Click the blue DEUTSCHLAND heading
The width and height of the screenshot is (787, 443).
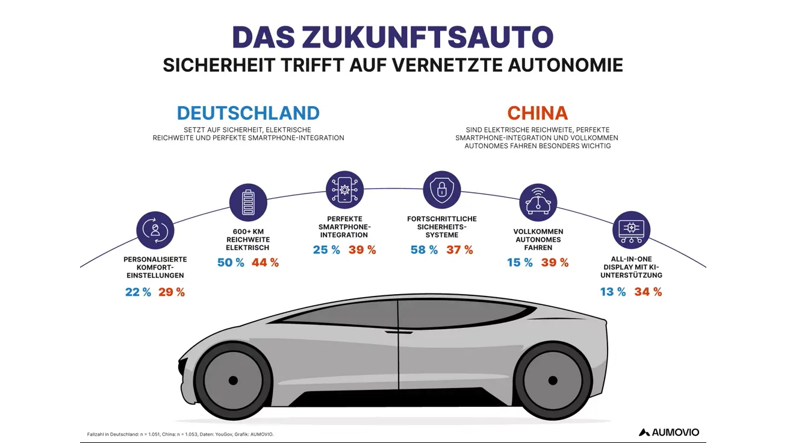coord(248,113)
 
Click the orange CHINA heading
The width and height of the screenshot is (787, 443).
coord(537,113)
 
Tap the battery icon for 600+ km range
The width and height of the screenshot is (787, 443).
coord(249,203)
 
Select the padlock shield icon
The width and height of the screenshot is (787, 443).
coord(441,190)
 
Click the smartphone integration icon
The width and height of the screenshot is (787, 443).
coord(344,190)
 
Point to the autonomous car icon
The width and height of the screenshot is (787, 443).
coord(538,203)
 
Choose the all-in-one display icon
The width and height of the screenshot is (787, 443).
coord(631,230)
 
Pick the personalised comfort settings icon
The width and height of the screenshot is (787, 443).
coord(155,230)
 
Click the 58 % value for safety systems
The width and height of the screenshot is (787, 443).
coord(424,250)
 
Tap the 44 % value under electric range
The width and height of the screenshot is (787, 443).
coord(265,263)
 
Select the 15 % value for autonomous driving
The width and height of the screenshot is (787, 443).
coord(520,263)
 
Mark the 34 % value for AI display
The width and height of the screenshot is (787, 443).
coord(648,292)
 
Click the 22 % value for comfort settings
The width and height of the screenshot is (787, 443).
coord(138,292)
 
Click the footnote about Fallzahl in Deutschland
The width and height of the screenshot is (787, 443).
coord(181,434)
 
